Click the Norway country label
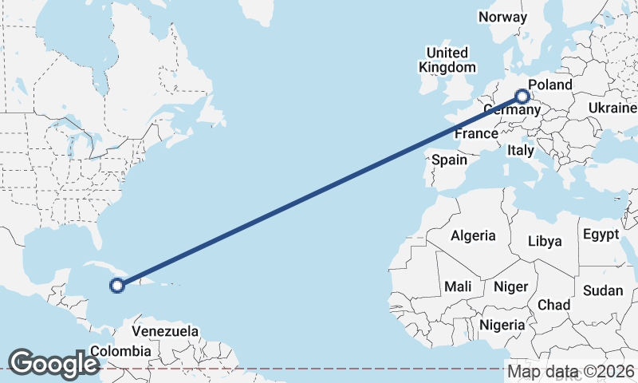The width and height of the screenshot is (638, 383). [502, 17]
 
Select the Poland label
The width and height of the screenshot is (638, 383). [550, 85]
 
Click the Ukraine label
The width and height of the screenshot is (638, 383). [612, 108]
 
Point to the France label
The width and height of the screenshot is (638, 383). [476, 134]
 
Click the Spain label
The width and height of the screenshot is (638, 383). [449, 160]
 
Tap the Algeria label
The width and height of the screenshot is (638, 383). [473, 235]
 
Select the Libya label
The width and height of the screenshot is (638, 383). [545, 240]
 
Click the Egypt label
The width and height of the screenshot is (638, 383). [601, 235]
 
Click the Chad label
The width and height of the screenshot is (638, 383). [553, 305]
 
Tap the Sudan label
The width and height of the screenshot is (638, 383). [602, 290]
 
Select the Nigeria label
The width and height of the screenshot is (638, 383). [502, 325]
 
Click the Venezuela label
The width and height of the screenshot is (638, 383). [165, 330]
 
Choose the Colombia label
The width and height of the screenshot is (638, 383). [120, 351]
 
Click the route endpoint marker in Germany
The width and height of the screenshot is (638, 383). [522, 97]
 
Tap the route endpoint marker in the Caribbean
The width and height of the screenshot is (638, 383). [117, 285]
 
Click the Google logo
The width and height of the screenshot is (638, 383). [53, 364]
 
